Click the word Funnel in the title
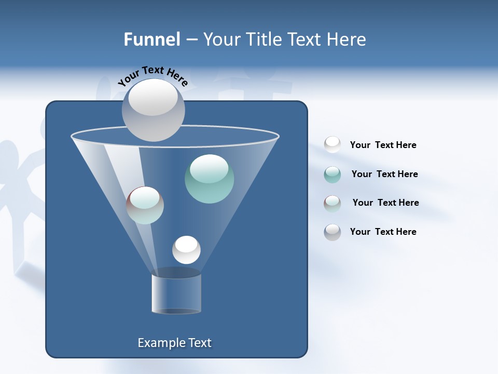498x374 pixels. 152,39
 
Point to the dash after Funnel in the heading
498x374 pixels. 191,40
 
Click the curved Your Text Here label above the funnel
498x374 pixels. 153,76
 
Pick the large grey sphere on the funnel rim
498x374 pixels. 153,110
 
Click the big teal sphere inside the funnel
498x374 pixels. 209,179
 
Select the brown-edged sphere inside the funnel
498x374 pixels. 145,205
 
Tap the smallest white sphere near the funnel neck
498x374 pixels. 186,250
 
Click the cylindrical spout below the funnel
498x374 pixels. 176,293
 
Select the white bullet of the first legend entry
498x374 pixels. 333,144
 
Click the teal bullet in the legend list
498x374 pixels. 333,175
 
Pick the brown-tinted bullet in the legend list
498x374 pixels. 333,203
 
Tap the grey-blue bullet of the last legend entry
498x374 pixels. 333,232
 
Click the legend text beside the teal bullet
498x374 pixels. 384,174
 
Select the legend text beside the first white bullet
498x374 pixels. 383,145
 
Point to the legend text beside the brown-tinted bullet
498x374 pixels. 385,203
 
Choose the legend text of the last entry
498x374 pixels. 383,232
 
